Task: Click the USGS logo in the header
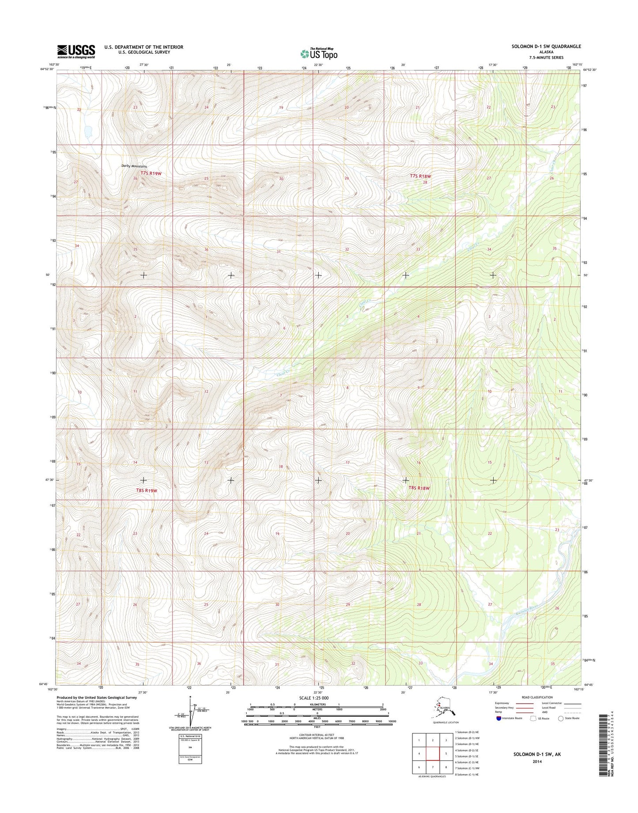(76, 51)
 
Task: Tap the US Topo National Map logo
(319, 53)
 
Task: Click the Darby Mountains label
(134, 166)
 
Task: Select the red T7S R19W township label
(151, 174)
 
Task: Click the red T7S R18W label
(420, 176)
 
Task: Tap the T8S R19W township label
(147, 490)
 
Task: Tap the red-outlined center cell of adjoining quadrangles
(433, 754)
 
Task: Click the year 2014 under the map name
(537, 762)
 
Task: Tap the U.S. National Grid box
(190, 749)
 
